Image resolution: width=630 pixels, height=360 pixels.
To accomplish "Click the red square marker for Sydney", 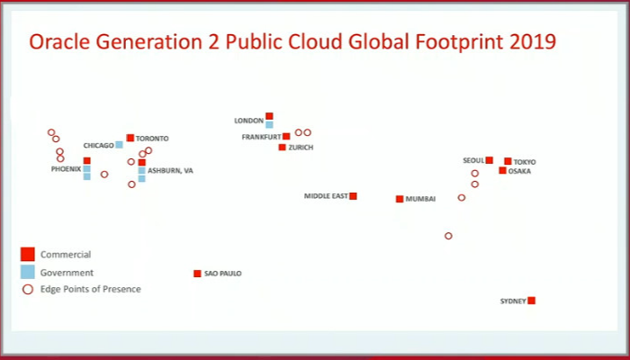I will coord(531,301).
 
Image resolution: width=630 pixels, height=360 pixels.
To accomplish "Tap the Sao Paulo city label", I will coord(223,274).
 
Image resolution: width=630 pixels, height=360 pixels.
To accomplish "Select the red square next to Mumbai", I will coord(400,199).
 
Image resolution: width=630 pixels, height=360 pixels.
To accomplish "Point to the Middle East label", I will coord(325,196).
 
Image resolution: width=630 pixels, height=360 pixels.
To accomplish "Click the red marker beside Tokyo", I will coord(508,161).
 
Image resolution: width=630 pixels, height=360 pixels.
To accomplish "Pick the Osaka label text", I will coord(519,171).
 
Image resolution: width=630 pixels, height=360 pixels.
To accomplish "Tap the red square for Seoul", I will coord(490,160).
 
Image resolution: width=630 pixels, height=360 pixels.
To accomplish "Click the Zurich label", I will coord(301,148).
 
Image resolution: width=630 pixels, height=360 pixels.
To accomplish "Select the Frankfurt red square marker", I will coord(286,137).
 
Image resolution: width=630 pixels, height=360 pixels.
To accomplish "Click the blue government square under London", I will coord(269,125).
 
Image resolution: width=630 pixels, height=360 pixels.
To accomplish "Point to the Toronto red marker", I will coord(130,138).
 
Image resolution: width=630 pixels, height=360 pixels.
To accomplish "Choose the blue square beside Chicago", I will coord(119,145).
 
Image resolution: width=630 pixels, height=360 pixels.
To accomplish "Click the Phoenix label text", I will coord(66,169).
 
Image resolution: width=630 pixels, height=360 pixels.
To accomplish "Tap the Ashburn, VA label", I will coord(170,170).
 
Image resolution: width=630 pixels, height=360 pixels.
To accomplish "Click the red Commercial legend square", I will coord(28,255).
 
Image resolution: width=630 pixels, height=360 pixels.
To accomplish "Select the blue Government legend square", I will coord(28,272).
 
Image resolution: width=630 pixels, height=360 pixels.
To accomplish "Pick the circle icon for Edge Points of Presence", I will coord(28,289).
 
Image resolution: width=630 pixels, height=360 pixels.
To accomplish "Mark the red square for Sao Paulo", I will coord(197,274).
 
